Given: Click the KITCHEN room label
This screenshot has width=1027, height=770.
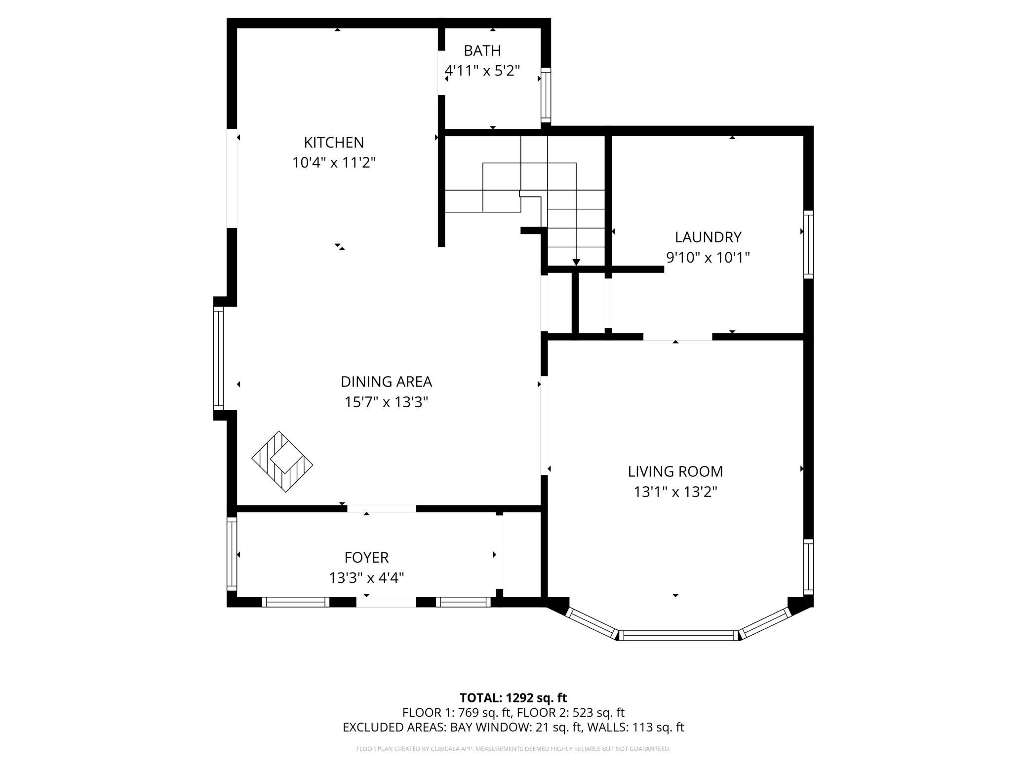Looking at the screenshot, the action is click(334, 142).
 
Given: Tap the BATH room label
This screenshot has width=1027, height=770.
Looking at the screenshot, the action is click(482, 50).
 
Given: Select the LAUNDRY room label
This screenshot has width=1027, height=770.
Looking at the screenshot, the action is click(708, 237).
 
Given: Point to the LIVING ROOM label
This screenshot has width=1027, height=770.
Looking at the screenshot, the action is click(675, 471).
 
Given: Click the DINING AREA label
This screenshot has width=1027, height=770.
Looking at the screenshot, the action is click(386, 382).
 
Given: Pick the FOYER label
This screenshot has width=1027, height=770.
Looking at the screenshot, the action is click(366, 557).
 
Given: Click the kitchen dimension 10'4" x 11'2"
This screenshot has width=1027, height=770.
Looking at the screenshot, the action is click(334, 162).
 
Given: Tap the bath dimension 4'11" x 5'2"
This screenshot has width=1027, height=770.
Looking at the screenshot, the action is click(482, 71).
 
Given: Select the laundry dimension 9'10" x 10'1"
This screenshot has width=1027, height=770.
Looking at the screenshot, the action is click(708, 257).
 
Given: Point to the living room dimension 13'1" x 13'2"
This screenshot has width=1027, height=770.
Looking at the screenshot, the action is click(675, 492).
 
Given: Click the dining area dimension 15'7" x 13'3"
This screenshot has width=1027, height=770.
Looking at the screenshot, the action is click(386, 402).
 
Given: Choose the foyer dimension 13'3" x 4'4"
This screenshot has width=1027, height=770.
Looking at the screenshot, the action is click(366, 577).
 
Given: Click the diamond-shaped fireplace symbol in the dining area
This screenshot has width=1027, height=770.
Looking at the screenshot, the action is click(282, 462).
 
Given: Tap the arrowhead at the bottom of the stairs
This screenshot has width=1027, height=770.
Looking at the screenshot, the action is click(576, 262).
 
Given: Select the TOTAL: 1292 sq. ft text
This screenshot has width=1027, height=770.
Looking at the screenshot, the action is click(513, 698).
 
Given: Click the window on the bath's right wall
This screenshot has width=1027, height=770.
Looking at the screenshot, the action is click(546, 95).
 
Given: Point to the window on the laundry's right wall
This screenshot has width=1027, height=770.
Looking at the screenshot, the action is click(808, 244).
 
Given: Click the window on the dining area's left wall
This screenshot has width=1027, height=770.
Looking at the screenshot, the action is click(218, 358).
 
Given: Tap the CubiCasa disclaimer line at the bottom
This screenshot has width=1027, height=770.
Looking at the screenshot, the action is click(513, 749).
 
